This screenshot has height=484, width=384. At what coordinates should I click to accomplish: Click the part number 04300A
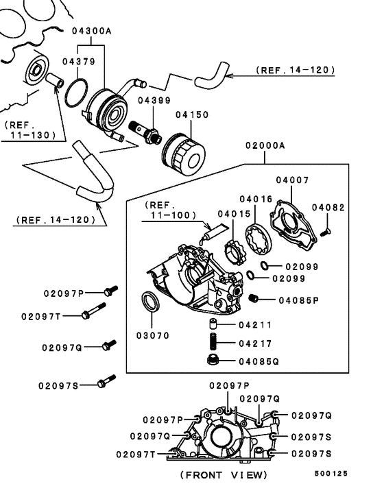point(92,30)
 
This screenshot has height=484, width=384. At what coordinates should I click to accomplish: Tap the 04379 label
point(77,62)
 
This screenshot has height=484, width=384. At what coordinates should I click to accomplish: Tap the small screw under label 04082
point(326,232)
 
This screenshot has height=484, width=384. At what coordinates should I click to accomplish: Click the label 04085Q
point(261,361)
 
